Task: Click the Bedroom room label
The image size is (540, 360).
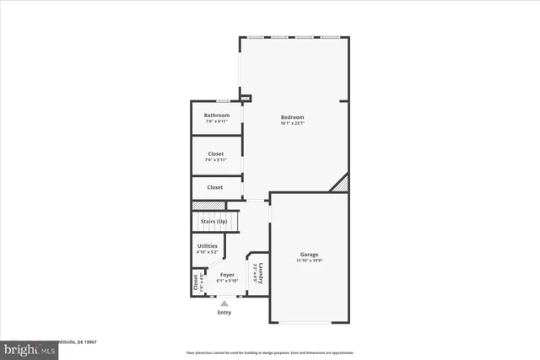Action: tap(292, 117)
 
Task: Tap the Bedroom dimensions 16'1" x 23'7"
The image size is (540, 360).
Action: tap(292, 123)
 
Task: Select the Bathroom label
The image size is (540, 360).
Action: tap(216, 116)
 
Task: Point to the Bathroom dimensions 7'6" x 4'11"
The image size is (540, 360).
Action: tap(216, 121)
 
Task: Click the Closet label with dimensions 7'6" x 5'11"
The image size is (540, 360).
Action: tap(216, 153)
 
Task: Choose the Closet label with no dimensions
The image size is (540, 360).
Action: tap(216, 187)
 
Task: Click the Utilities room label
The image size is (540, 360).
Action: tap(208, 245)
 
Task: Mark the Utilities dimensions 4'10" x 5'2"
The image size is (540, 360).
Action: tap(208, 251)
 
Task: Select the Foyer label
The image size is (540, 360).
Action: tap(227, 275)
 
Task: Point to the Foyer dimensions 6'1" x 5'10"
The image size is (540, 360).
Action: tap(227, 281)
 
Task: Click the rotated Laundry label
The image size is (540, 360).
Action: tap(262, 274)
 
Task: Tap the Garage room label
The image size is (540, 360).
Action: tap(310, 255)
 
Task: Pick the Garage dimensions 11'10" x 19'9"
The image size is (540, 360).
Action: tap(310, 261)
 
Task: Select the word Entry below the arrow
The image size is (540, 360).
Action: tap(224, 312)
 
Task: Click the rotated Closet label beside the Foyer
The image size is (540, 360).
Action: tap(196, 282)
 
